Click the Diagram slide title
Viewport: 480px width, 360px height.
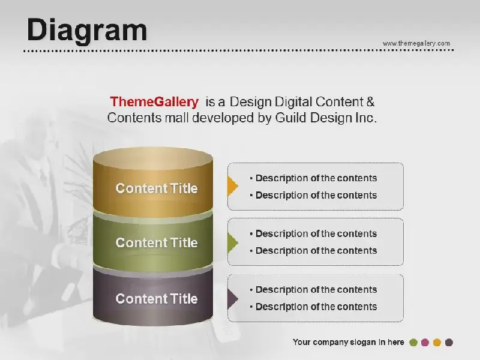(x=87, y=30)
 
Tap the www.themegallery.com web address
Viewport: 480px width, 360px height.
(x=416, y=43)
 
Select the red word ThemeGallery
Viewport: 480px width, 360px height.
(x=154, y=102)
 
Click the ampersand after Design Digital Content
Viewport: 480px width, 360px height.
(x=370, y=101)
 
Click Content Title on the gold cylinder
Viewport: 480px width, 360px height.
(x=157, y=188)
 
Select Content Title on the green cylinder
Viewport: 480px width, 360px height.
(x=157, y=242)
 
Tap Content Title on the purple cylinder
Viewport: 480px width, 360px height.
(x=157, y=298)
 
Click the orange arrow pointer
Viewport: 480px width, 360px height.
(x=232, y=186)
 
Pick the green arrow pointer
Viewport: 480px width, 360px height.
(x=232, y=243)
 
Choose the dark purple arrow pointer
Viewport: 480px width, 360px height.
(x=232, y=299)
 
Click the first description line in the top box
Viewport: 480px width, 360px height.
(x=313, y=178)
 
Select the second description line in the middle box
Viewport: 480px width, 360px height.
(x=313, y=251)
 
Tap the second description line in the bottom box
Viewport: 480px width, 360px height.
(x=313, y=307)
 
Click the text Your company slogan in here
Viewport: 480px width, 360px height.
(x=349, y=342)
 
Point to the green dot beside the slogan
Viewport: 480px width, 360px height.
(x=413, y=343)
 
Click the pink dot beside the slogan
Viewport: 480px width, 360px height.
(x=425, y=343)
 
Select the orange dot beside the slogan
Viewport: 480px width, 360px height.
(x=437, y=343)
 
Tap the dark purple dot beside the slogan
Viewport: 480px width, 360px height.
(x=449, y=343)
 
